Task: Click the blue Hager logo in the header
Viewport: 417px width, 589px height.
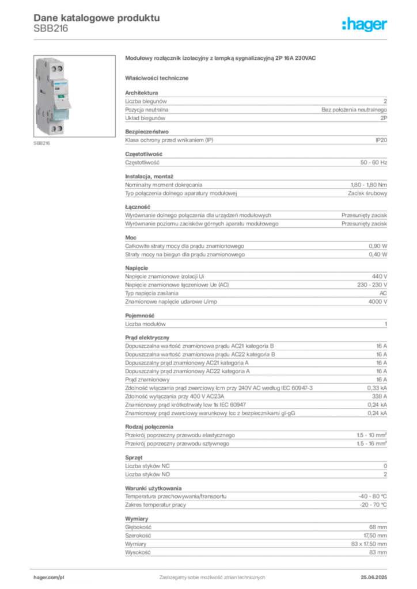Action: tap(365, 24)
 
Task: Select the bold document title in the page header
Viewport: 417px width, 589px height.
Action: tap(96, 17)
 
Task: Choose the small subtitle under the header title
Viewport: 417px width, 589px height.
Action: tap(50, 30)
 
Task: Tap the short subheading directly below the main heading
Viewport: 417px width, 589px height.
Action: tap(158, 77)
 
